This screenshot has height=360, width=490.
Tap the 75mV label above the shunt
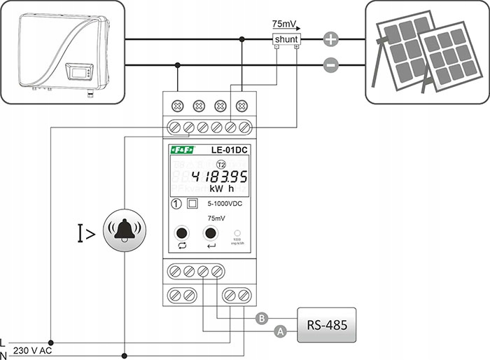pos(284,24)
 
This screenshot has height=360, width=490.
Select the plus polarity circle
pos(331,40)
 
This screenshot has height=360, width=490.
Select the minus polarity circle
pos(331,67)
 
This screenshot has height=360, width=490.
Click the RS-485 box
pos(326,325)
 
